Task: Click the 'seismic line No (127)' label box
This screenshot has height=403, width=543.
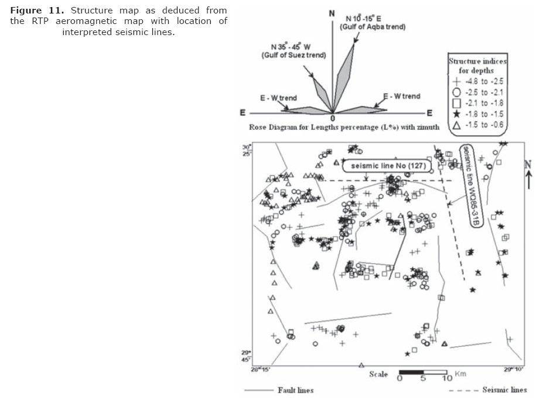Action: point(387,166)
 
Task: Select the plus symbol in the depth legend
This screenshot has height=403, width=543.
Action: point(455,82)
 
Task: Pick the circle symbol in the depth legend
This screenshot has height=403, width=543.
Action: point(455,92)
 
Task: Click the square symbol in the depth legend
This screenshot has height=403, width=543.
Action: point(455,103)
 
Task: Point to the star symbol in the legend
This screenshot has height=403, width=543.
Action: point(455,114)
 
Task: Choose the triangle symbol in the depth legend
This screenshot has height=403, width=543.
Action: point(455,125)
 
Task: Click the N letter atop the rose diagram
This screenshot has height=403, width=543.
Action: point(332,13)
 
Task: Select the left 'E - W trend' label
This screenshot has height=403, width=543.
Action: point(278,98)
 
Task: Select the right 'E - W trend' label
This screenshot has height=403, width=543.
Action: point(402,96)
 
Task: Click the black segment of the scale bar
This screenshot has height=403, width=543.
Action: point(411,371)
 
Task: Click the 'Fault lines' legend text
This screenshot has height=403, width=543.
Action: point(295,390)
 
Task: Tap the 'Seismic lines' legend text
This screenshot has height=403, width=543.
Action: point(504,390)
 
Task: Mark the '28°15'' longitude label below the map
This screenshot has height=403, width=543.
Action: point(260,369)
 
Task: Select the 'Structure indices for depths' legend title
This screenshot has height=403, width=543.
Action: point(477,66)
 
